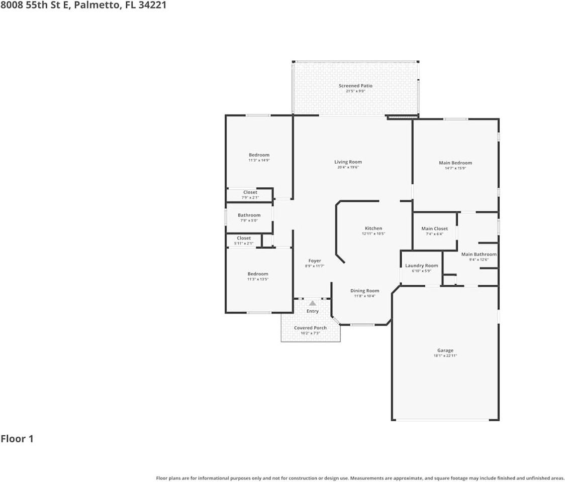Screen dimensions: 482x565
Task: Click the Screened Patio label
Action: point(355,86)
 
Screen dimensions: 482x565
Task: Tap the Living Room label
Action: point(348,162)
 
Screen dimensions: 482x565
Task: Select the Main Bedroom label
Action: point(455,163)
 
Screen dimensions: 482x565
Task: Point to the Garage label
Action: point(445,350)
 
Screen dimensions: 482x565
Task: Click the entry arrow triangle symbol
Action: point(313,303)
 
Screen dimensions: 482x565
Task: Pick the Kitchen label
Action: point(373,228)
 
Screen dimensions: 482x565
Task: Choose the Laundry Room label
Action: point(421,266)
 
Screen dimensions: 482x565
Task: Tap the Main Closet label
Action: point(434,228)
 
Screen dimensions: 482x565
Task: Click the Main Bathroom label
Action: point(479,254)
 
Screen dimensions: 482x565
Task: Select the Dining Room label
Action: point(364,291)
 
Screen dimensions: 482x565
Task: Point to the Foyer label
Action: point(315,261)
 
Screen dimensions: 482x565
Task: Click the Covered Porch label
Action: point(310,328)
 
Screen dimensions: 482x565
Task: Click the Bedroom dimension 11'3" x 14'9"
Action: point(259,160)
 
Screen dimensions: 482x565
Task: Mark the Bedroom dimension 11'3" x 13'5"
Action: point(257,279)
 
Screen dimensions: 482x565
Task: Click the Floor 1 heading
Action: point(17,439)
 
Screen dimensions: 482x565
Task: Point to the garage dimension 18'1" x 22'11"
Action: point(445,355)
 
